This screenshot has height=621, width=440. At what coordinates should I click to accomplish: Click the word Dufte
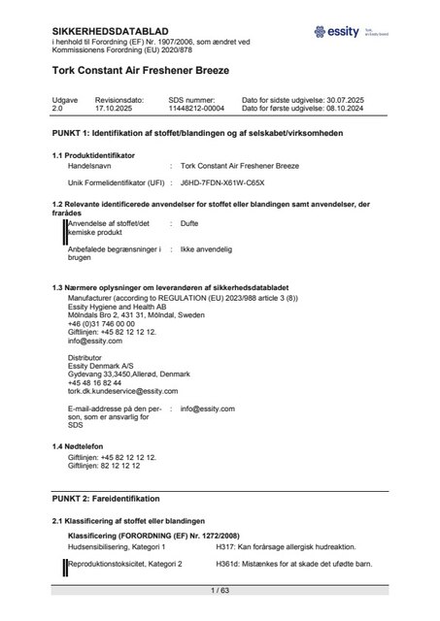coord(190,223)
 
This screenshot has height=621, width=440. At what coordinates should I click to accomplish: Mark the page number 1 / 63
coord(219,589)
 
